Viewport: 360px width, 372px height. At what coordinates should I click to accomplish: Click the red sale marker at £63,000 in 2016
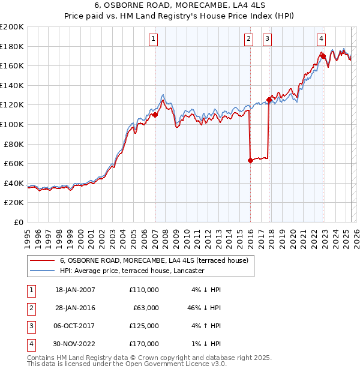[x=250, y=160]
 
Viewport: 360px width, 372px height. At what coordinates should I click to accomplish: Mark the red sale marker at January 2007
[x=155, y=115]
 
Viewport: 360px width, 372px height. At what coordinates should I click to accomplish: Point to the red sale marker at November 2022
[x=323, y=56]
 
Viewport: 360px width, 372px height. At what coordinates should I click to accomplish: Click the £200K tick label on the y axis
[x=12, y=26]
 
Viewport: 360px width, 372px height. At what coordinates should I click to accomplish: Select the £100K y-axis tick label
[x=12, y=124]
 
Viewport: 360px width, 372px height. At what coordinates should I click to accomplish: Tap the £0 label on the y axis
[x=18, y=222]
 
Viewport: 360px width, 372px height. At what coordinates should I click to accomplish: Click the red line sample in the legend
[x=41, y=260]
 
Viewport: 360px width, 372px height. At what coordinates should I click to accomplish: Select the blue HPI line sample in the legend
[x=41, y=271]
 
